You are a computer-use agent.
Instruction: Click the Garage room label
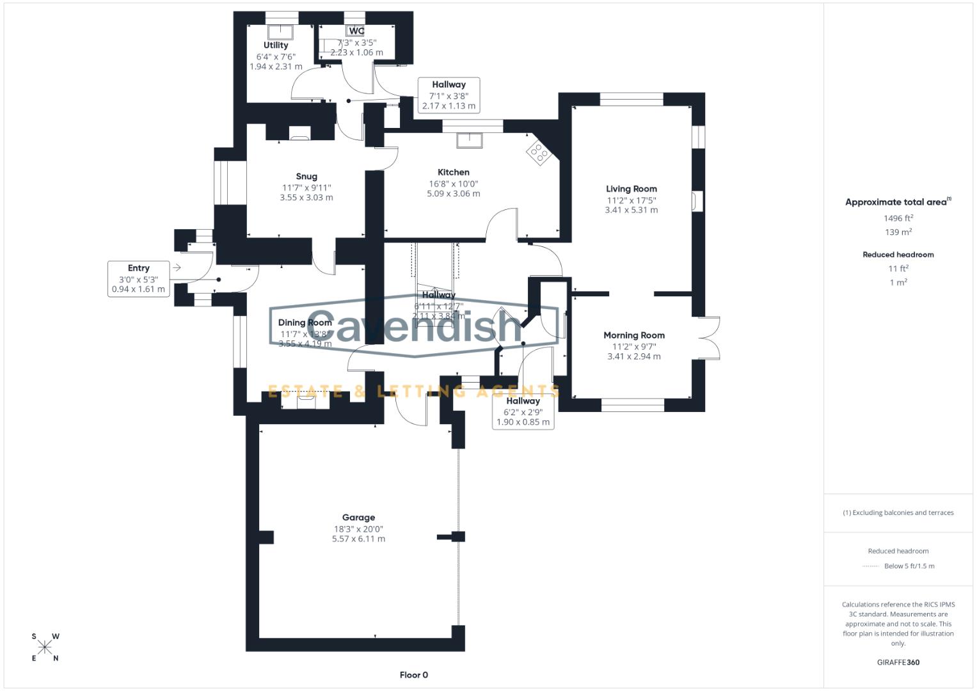pyautogui.click(x=358, y=518)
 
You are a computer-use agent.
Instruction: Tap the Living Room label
pyautogui.click(x=631, y=189)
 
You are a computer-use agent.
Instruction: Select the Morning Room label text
pyautogui.click(x=634, y=335)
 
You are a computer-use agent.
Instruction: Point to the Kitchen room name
pyautogui.click(x=454, y=172)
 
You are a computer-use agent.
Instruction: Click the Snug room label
pyautogui.click(x=306, y=177)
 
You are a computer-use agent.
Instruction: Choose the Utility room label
pyautogui.click(x=276, y=45)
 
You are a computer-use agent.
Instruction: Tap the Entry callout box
pyautogui.click(x=138, y=278)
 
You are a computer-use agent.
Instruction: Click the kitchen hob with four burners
pyautogui.click(x=538, y=152)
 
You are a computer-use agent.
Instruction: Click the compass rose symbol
pyautogui.click(x=45, y=647)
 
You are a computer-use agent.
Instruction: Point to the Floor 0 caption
pyautogui.click(x=413, y=675)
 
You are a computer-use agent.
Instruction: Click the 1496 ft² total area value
pyautogui.click(x=898, y=218)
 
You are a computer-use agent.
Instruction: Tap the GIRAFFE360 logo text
pyautogui.click(x=898, y=662)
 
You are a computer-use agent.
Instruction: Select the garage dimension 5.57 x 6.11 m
pyautogui.click(x=358, y=539)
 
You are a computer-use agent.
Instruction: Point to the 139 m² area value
pyautogui.click(x=898, y=232)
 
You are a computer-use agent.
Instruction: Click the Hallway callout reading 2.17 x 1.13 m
pyautogui.click(x=449, y=95)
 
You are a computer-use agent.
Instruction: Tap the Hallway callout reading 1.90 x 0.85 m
pyautogui.click(x=523, y=411)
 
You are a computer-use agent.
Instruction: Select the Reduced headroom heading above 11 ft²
pyautogui.click(x=898, y=255)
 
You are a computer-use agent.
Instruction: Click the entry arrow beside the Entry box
pyautogui.click(x=177, y=267)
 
